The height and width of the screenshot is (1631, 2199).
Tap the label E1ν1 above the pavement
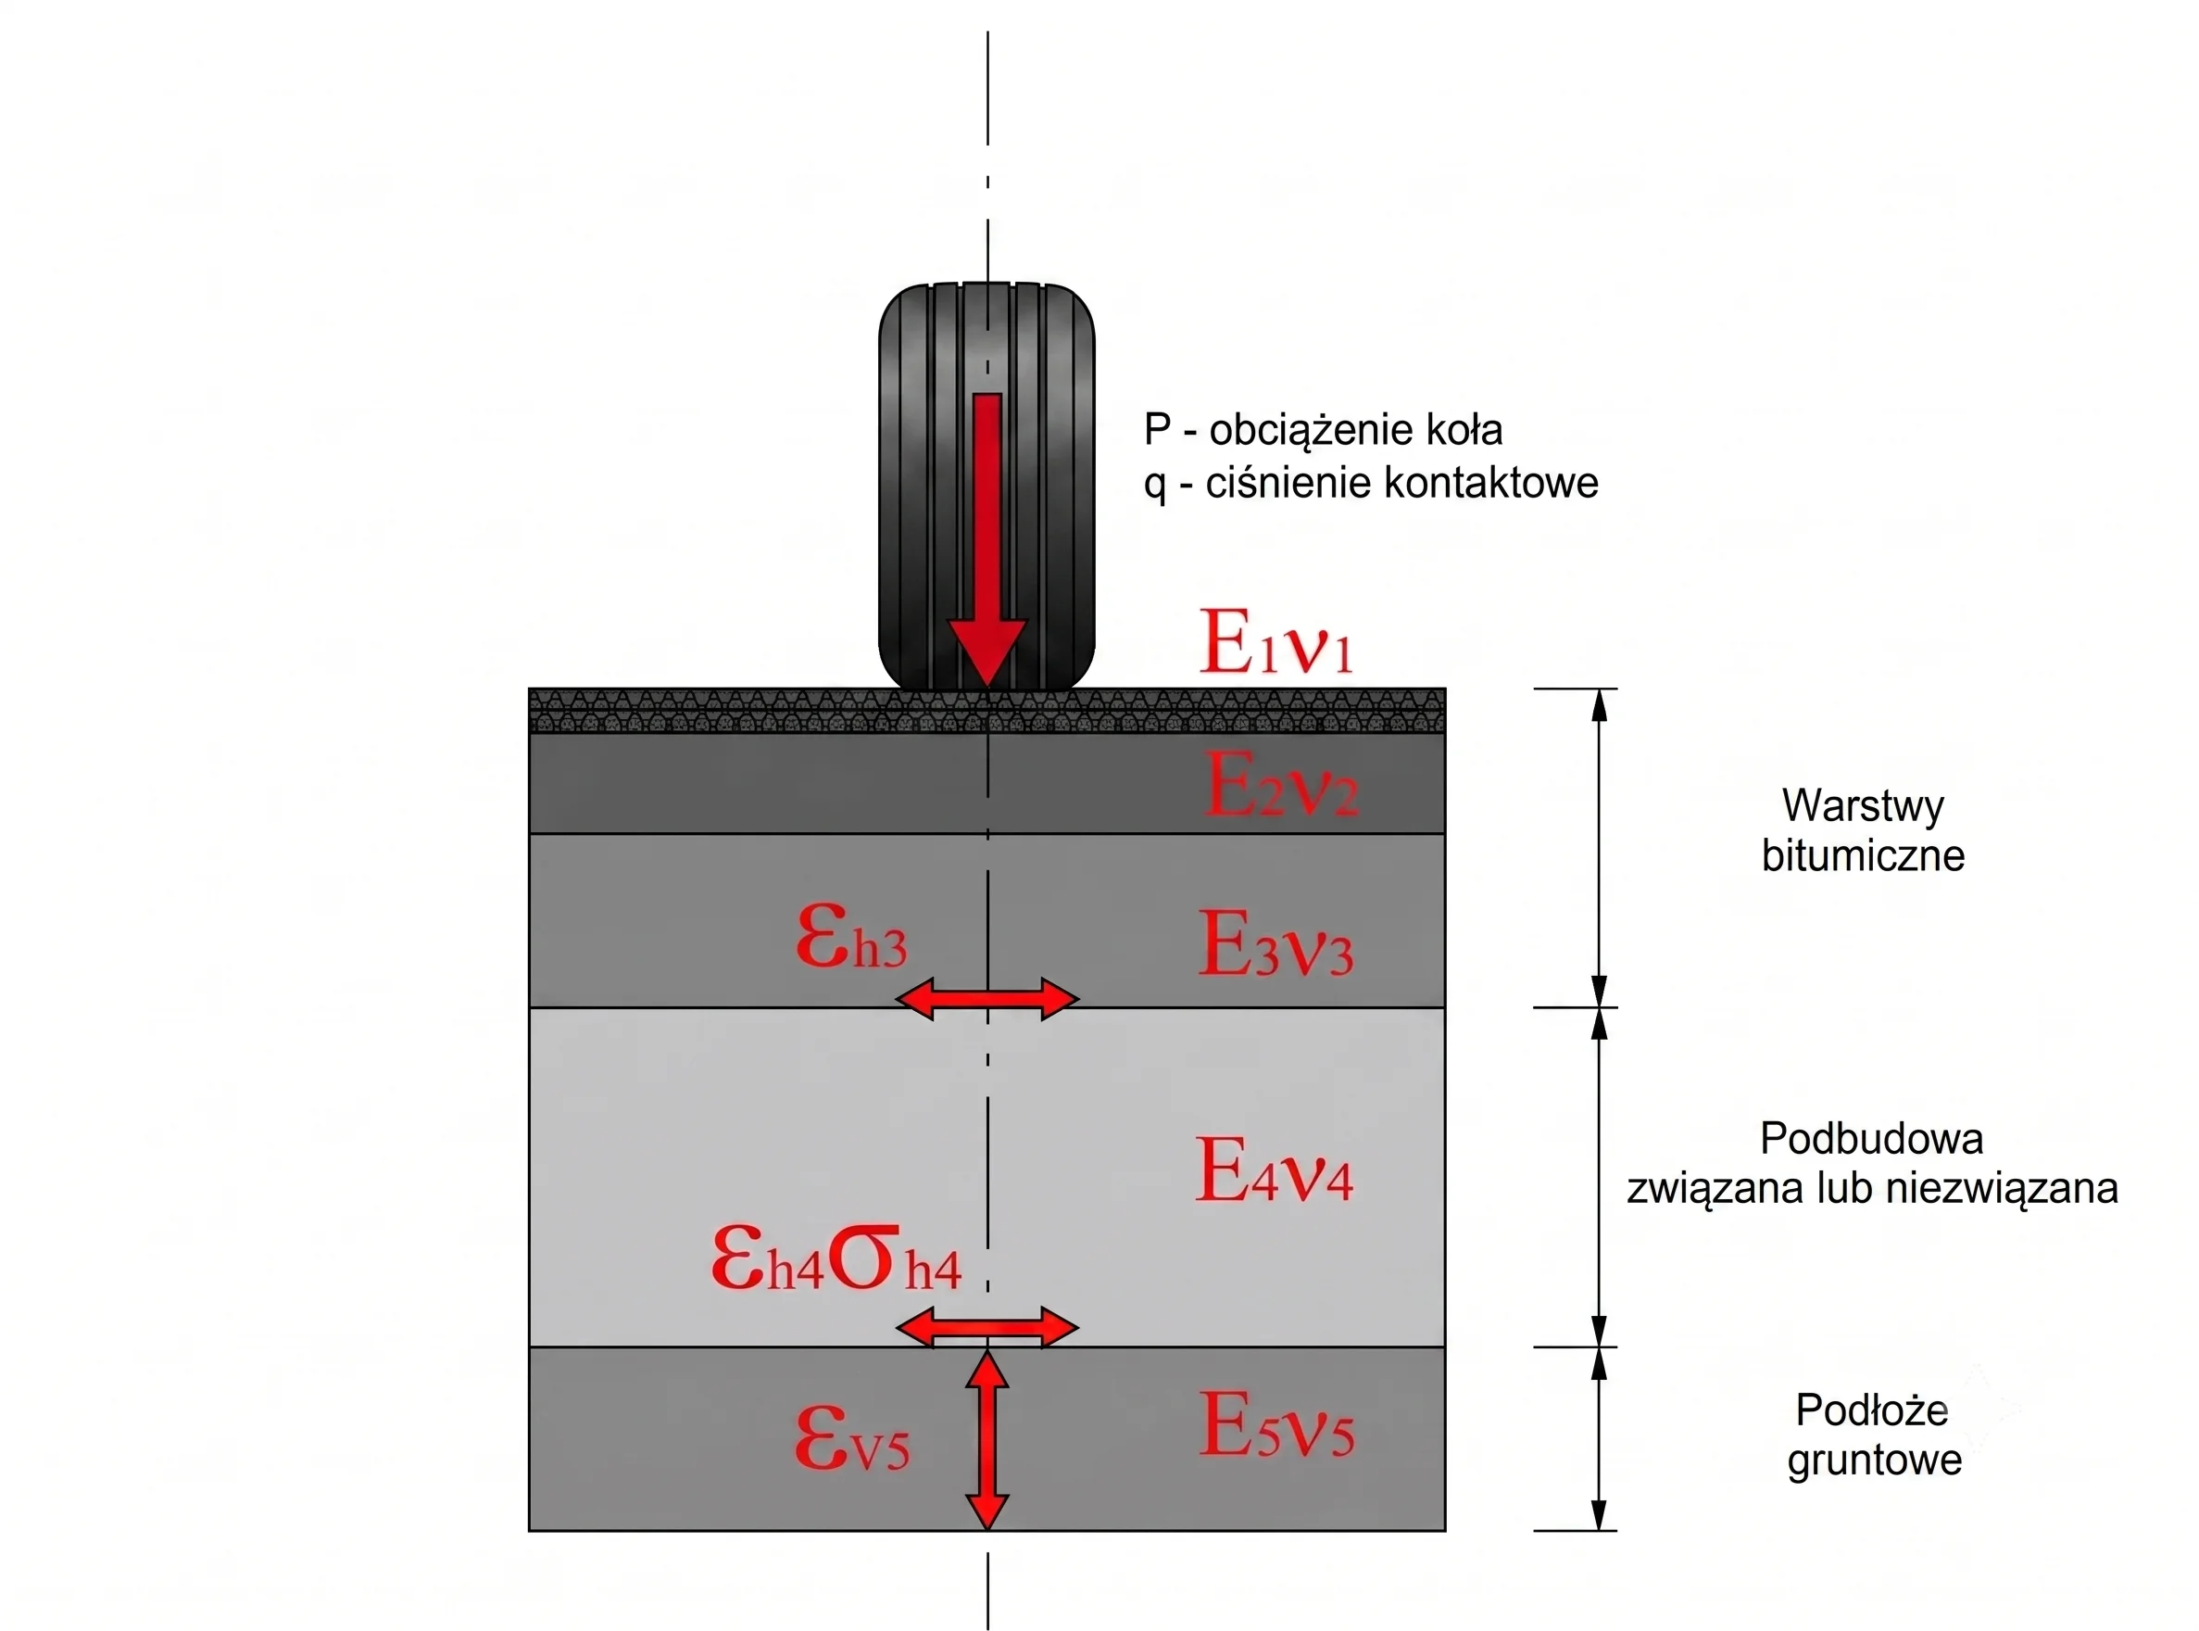pos(1275,643)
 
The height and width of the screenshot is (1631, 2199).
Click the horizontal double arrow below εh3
pos(987,998)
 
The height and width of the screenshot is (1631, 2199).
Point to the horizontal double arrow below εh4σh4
pos(987,1327)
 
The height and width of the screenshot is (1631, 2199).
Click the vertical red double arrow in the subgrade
pos(987,1439)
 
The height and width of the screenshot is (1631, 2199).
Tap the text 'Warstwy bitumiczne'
pos(1864,830)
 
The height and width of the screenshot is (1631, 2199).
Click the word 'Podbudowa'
pos(1871,1138)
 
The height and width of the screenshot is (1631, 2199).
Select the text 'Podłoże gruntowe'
pos(1873,1435)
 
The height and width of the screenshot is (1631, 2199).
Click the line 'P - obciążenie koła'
pos(1323,429)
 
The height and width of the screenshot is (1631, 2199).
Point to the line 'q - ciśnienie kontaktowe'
pos(1371,483)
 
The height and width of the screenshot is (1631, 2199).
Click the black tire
pos(987,486)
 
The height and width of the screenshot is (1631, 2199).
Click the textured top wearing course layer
pos(987,711)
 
